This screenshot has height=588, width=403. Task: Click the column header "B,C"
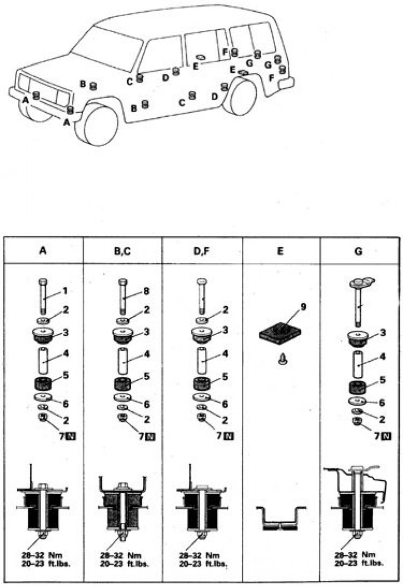pos(122,251)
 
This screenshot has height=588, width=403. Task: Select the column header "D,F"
pos(201,251)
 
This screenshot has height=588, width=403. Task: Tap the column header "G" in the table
pos(359,251)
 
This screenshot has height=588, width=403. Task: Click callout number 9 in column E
pos(304,307)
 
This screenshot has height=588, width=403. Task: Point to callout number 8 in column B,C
pos(146,291)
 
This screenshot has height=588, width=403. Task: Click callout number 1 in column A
pos(65,291)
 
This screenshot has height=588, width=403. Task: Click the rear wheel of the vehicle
pos(240,97)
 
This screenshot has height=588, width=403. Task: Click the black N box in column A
pos(71,436)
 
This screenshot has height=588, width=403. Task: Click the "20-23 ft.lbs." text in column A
pos(46,563)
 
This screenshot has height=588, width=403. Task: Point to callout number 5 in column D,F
pos(225,376)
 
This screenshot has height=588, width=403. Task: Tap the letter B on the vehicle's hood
pos(83,83)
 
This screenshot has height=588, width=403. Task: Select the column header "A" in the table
pos(43,251)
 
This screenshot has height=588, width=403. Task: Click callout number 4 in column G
pos(382,357)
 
